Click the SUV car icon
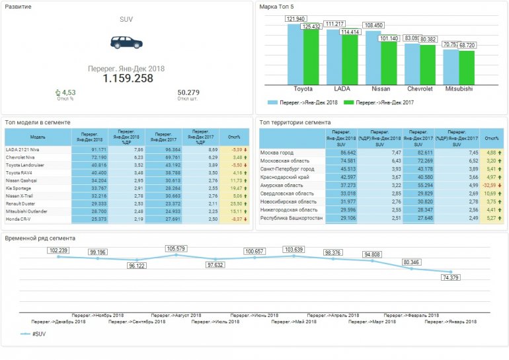(x=126, y=43)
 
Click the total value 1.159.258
(x=128, y=79)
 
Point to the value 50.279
(x=188, y=92)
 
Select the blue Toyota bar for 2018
(x=295, y=53)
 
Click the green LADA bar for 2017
(x=349, y=58)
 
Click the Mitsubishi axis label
(x=459, y=88)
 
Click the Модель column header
(x=38, y=137)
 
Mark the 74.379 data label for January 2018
(x=450, y=277)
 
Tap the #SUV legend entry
(x=38, y=334)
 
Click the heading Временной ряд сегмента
(x=40, y=238)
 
